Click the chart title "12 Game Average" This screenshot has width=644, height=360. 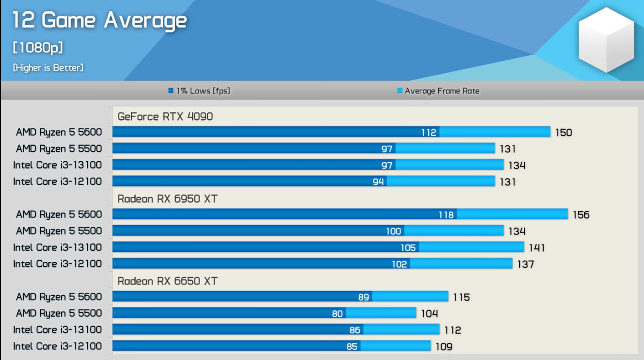(99, 21)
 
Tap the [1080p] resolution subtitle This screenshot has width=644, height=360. (37, 48)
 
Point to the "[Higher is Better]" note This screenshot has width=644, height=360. (48, 68)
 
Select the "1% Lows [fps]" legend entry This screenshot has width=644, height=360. (199, 91)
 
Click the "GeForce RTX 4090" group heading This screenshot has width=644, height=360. (165, 116)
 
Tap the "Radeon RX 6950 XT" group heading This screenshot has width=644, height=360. (167, 199)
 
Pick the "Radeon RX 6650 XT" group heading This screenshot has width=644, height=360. (167, 281)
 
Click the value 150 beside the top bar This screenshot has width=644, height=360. (563, 132)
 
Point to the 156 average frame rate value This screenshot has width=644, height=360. (581, 215)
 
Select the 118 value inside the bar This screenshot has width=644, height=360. (446, 215)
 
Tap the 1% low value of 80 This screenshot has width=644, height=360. (337, 313)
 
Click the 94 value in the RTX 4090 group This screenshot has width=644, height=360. (378, 182)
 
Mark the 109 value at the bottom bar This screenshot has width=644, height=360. (443, 346)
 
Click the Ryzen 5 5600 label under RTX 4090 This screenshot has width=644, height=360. (59, 132)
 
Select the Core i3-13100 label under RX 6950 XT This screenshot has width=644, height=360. (58, 247)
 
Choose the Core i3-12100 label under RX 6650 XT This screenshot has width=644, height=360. (58, 346)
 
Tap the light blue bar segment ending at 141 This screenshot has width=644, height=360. (471, 247)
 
